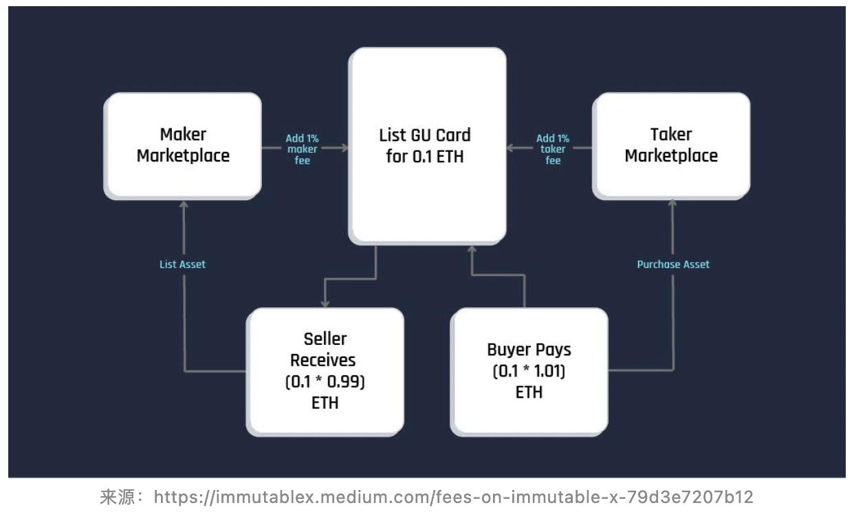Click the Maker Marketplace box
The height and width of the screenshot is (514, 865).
coord(182,145)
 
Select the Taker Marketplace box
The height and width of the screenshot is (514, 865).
coord(671,145)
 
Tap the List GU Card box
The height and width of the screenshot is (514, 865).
coord(427,145)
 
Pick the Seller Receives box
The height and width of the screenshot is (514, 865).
coord(325,370)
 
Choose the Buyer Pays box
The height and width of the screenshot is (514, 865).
coord(529,370)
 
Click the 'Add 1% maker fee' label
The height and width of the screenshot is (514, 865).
coord(303,150)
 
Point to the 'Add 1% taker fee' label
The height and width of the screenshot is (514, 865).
coord(554,150)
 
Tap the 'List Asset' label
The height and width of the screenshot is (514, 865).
coord(182,264)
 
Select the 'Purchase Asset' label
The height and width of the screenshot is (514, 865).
coord(673,264)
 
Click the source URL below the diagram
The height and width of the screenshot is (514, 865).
coord(453,497)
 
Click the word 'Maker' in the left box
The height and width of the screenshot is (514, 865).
coord(183,134)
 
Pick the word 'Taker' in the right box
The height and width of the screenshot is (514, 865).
coord(671,134)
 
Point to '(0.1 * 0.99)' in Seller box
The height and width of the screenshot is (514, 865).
coord(325,381)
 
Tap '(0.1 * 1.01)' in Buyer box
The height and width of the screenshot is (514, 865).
coord(529,372)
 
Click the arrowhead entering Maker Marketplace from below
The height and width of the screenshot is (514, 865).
coord(184,203)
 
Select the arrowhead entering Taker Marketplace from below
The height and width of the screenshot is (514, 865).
coord(672,203)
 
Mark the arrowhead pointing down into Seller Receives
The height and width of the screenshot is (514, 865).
coord(325,303)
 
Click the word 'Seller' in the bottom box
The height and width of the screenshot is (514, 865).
coord(325,339)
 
